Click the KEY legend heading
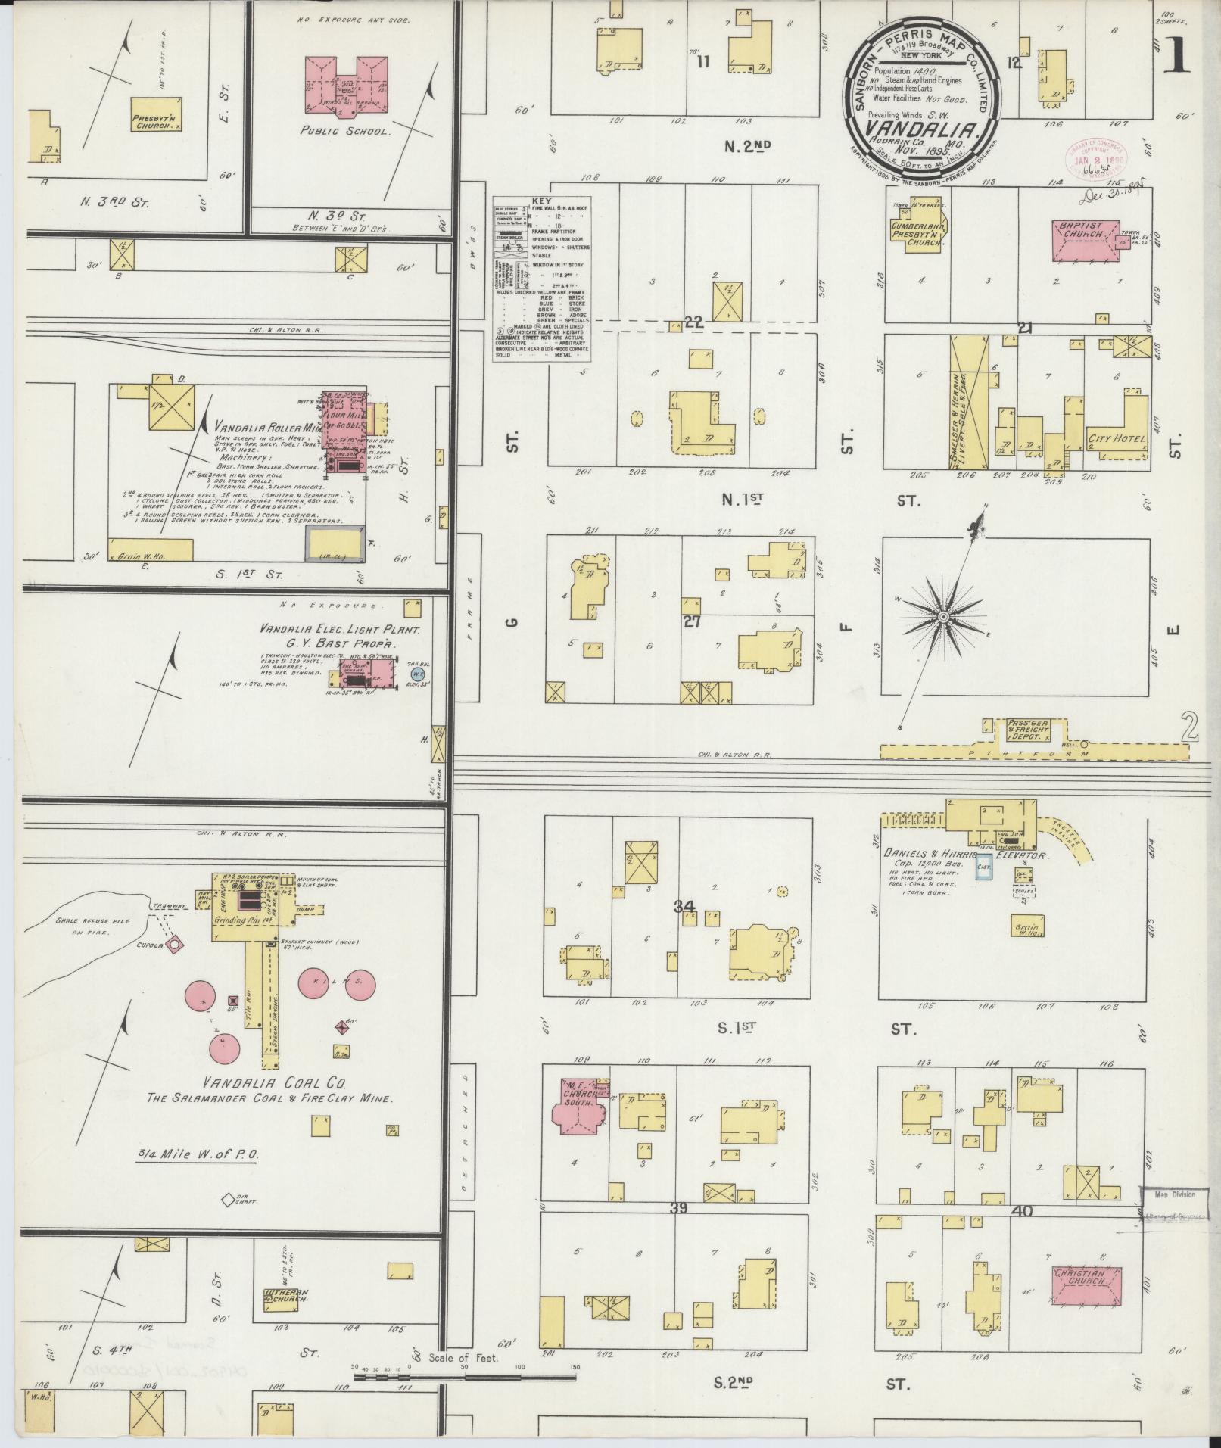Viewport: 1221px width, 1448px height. point(543,201)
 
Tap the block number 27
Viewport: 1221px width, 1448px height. point(691,622)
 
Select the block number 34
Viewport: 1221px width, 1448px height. point(686,905)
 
